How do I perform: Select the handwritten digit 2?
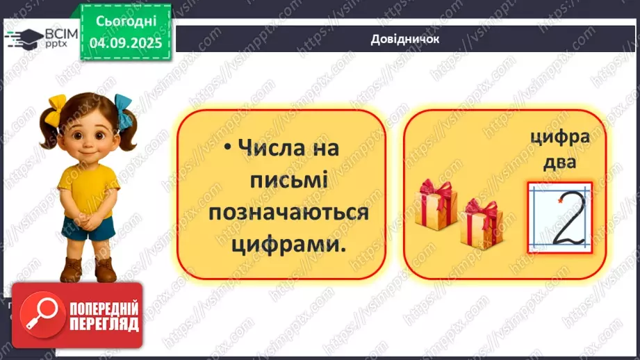tap(568, 220)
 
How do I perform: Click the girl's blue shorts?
tap(88, 228)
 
